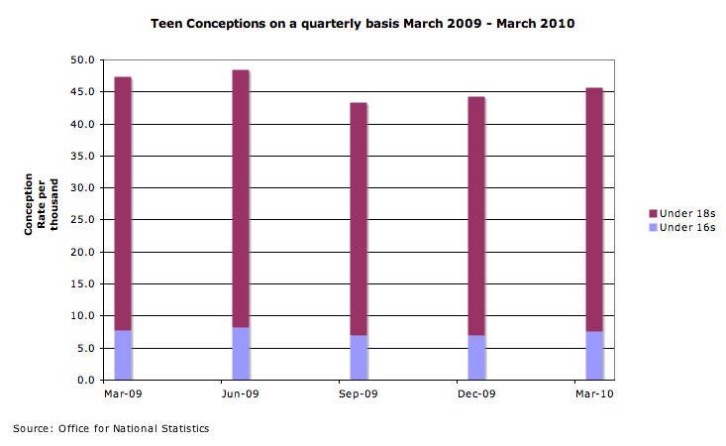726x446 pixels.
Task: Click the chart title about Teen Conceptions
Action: click(363, 22)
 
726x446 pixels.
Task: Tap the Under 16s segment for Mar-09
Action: click(123, 355)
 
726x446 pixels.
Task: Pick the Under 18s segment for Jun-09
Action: click(241, 198)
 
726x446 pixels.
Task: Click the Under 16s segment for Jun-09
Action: click(241, 354)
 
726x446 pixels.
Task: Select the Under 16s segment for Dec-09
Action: click(476, 358)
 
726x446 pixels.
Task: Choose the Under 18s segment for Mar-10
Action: click(594, 209)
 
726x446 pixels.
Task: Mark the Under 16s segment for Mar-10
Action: click(594, 356)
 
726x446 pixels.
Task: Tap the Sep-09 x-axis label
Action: click(359, 394)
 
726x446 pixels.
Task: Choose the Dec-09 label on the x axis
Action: click(476, 394)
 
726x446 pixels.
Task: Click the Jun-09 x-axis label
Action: click(241, 394)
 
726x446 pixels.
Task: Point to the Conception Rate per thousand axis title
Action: click(42, 205)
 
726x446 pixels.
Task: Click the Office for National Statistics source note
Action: click(111, 428)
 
